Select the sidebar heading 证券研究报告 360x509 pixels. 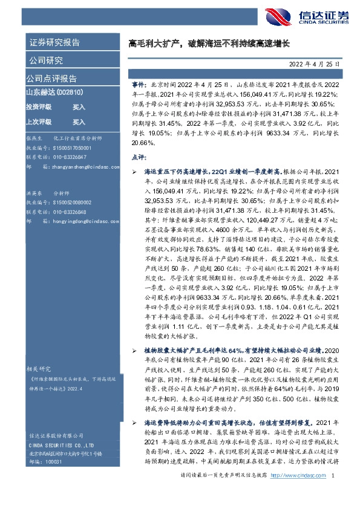point(54,42)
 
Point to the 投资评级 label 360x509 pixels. point(38,106)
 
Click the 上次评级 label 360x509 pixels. point(38,121)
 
